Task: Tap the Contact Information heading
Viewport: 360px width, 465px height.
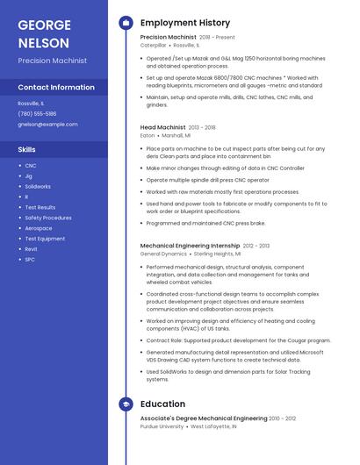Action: (x=56, y=88)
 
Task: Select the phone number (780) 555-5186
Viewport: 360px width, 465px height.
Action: (x=37, y=113)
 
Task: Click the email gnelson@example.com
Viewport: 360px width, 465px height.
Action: (x=47, y=125)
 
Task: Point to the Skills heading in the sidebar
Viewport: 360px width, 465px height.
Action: (x=27, y=149)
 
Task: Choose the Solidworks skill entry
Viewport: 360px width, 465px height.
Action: (x=38, y=186)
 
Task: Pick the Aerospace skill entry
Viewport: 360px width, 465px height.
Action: (x=39, y=228)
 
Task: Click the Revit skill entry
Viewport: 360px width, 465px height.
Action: (x=31, y=249)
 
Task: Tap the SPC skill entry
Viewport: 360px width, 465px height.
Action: (x=30, y=260)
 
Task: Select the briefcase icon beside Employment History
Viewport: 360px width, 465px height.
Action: (x=126, y=22)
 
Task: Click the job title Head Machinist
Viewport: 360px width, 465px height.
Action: (x=162, y=127)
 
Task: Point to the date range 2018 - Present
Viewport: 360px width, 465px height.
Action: (x=217, y=38)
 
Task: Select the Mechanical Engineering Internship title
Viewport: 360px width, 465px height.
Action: (x=190, y=246)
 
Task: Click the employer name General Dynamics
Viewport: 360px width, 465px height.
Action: (x=163, y=253)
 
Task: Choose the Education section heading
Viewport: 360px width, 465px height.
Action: (x=162, y=404)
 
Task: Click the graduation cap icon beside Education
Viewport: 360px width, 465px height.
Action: (x=126, y=404)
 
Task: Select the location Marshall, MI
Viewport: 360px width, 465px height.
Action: (x=176, y=135)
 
